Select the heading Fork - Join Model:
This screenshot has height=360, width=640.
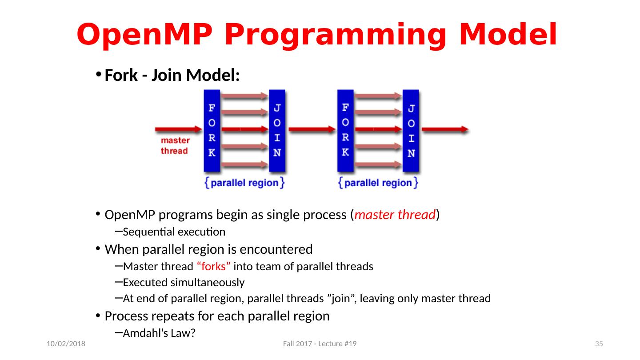pyautogui.click(x=172, y=76)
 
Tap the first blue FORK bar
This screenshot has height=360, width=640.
pyautogui.click(x=212, y=131)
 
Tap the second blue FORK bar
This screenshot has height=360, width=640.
pyautogui.click(x=345, y=131)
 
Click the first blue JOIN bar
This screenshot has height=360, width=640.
pyautogui.click(x=277, y=131)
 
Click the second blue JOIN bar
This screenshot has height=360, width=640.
pyautogui.click(x=411, y=131)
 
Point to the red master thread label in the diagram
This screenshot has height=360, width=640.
pyautogui.click(x=175, y=146)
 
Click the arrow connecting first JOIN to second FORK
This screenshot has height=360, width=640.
pyautogui.click(x=312, y=129)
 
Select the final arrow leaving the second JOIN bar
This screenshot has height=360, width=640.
pyautogui.click(x=445, y=129)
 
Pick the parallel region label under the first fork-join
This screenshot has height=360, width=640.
pyautogui.click(x=244, y=183)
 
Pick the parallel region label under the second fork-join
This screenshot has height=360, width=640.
pyautogui.click(x=378, y=183)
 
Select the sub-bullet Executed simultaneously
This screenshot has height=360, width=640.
pyautogui.click(x=184, y=283)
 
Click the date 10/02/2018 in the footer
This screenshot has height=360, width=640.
pyautogui.click(x=66, y=344)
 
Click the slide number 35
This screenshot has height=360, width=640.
pyautogui.click(x=599, y=344)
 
